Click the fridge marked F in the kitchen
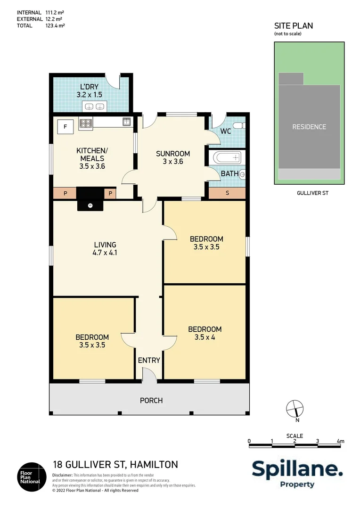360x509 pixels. [65, 126]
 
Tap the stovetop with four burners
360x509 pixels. [86, 123]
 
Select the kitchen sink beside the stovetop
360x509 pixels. [126, 122]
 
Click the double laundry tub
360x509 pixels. [94, 106]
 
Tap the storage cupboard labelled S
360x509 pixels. [227, 193]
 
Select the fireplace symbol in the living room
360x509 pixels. [90, 205]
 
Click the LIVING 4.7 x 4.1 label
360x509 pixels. [105, 248]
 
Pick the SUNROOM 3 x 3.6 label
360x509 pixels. [173, 157]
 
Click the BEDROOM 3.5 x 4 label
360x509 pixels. [205, 333]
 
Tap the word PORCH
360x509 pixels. [151, 401]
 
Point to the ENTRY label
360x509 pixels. [149, 361]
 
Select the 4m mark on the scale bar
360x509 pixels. [341, 442]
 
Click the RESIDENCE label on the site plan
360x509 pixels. [309, 127]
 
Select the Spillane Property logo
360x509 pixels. [297, 473]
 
